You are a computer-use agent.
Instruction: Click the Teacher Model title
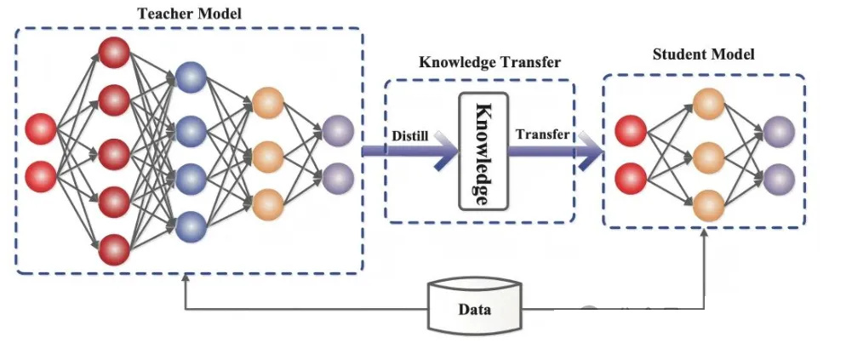pyautogui.click(x=189, y=14)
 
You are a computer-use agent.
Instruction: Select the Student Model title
pyautogui.click(x=704, y=54)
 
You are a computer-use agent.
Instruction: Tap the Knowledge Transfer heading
pyautogui.click(x=490, y=63)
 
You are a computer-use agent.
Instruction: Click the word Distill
pyautogui.click(x=410, y=136)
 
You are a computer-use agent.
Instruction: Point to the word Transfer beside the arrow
pyautogui.click(x=543, y=134)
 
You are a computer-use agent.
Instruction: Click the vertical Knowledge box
pyautogui.click(x=483, y=151)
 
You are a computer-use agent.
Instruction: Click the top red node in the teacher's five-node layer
pyautogui.click(x=114, y=53)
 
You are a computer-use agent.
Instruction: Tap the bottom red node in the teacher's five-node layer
pyautogui.click(x=114, y=249)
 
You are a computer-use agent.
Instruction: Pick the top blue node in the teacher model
pyautogui.click(x=191, y=77)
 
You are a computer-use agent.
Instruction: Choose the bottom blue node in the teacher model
pyautogui.click(x=191, y=226)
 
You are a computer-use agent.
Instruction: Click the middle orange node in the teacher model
pyautogui.click(x=267, y=157)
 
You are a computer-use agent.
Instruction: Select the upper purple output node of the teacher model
pyautogui.click(x=338, y=131)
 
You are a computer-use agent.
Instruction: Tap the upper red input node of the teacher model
pyautogui.click(x=41, y=129)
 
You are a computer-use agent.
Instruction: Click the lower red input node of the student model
pyautogui.click(x=630, y=179)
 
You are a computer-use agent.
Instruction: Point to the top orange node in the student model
pyautogui.click(x=708, y=104)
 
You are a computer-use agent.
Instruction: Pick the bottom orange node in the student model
pyautogui.click(x=708, y=206)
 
